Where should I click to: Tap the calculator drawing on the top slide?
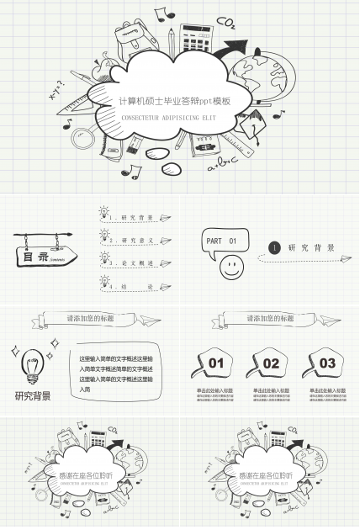(195, 38)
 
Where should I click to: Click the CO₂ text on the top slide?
(225, 21)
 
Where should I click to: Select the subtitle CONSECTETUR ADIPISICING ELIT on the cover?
(168, 118)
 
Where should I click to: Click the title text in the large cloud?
(174, 101)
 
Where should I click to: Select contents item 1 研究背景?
(135, 218)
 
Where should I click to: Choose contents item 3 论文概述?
(135, 263)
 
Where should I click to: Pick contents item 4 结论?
(135, 287)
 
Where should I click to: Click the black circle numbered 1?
(274, 247)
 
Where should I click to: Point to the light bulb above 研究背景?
(32, 364)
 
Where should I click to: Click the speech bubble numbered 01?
(216, 363)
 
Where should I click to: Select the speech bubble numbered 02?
(271, 363)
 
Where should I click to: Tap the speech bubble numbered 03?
(326, 363)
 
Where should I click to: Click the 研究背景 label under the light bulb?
(33, 396)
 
